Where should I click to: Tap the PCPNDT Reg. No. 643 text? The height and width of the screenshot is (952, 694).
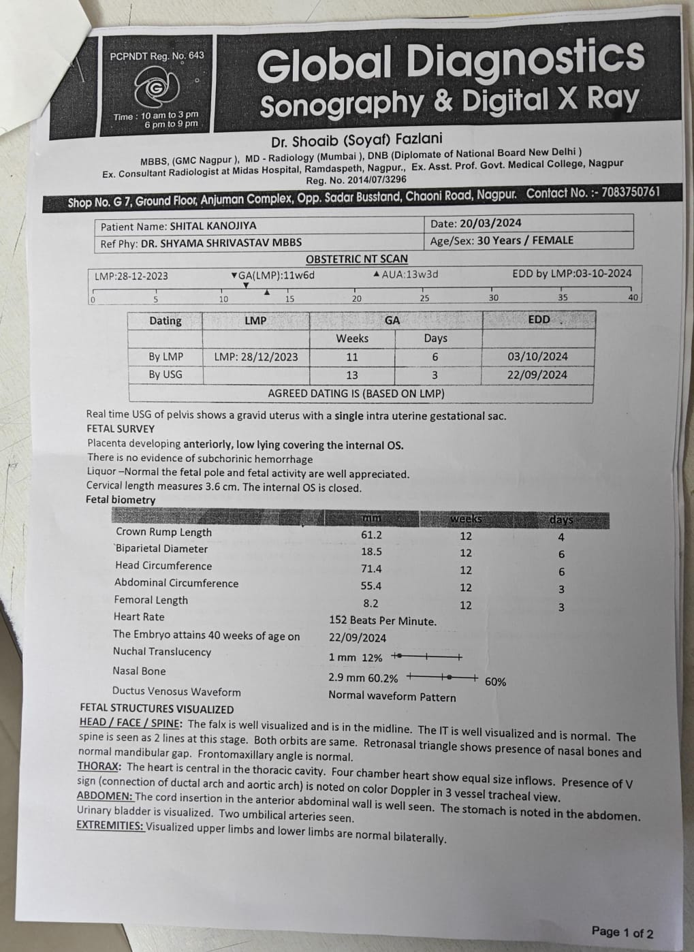(x=157, y=56)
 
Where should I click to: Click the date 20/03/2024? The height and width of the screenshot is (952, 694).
(x=490, y=223)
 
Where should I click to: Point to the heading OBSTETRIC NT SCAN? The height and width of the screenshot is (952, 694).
(x=357, y=259)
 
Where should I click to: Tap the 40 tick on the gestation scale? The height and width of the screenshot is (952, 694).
(x=633, y=298)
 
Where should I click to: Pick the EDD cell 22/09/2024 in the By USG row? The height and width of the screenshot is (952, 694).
(x=537, y=375)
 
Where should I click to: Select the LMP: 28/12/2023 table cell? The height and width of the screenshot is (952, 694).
(x=255, y=357)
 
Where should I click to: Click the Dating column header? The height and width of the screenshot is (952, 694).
(x=165, y=321)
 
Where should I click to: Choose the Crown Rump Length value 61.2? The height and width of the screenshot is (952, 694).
(x=371, y=535)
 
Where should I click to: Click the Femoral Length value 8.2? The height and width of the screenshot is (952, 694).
(x=371, y=603)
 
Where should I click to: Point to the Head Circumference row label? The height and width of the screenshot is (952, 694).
(x=163, y=566)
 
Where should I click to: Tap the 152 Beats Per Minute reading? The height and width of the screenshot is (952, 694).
(x=383, y=621)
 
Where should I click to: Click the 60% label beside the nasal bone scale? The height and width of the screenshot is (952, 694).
(x=495, y=682)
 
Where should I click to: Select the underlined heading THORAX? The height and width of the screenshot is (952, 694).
(x=99, y=766)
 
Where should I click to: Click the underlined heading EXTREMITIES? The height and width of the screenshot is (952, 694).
(x=110, y=825)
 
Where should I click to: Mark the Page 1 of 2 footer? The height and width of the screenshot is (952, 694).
(x=622, y=932)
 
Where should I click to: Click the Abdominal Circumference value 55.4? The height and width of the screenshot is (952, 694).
(x=371, y=586)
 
